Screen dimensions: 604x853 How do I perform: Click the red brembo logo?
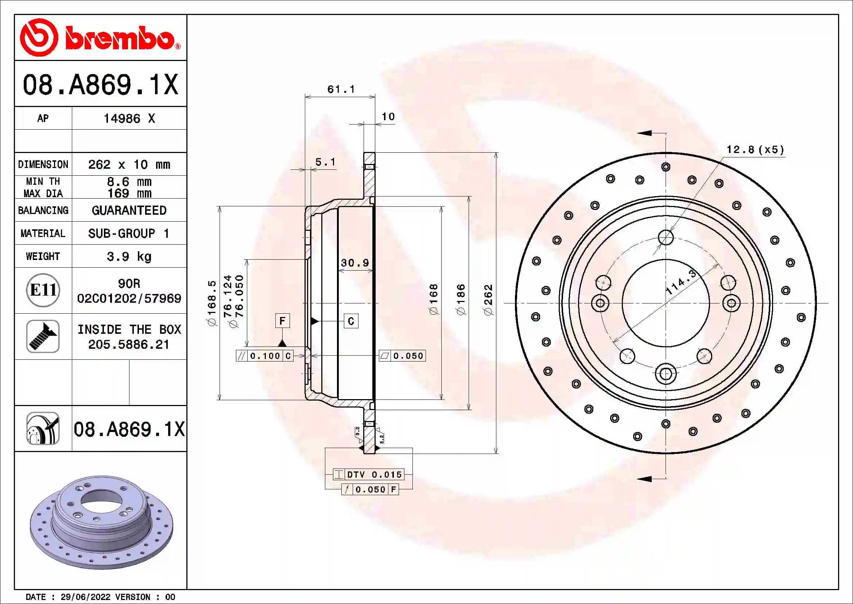point(100,38)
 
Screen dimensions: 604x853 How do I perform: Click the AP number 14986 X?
point(129,118)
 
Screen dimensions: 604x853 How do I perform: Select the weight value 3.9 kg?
point(129,256)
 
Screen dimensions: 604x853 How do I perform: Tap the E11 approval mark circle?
point(43,290)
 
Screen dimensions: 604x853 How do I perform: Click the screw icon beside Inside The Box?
point(43,336)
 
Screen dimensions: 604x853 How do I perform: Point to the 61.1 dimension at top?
point(341,89)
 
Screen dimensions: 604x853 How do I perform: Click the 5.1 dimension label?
point(325,162)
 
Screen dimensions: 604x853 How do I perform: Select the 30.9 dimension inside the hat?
point(355,263)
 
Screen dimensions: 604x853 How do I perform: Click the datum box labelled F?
point(282,321)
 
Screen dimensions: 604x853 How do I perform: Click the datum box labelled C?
point(351,321)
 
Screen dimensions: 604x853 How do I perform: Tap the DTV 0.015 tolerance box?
point(368,475)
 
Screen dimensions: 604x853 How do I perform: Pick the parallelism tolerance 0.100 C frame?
point(264,356)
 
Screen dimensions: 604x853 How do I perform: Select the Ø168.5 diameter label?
point(212,303)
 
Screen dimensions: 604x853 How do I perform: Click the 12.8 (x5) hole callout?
point(755,149)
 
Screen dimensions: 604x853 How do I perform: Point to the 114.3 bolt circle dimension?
point(681,283)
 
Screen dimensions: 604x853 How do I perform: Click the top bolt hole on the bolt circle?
point(666,237)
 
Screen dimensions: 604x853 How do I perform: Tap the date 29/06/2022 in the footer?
point(85,597)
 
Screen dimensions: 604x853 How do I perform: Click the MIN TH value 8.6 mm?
point(129,181)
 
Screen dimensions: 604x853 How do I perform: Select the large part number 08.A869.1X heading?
point(100,84)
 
